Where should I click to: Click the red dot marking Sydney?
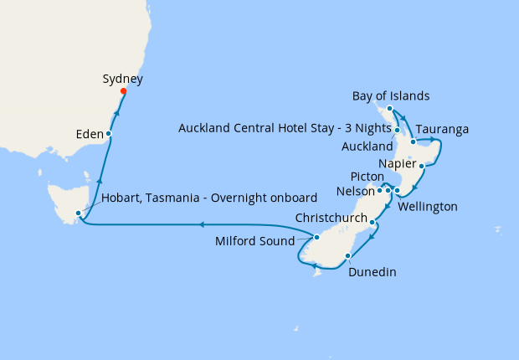pyautogui.click(x=123, y=91)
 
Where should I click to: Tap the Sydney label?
pyautogui.click(x=122, y=80)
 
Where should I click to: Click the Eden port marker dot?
pyautogui.click(x=109, y=134)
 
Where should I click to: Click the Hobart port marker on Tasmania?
pyautogui.click(x=78, y=213)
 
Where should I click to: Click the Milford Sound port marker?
pyautogui.click(x=316, y=237)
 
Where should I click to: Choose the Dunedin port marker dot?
pyautogui.click(x=347, y=255)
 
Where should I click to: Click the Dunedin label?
pyautogui.click(x=373, y=271)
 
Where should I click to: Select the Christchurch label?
pyautogui.click(x=331, y=218)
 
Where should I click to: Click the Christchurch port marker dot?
pyautogui.click(x=373, y=223)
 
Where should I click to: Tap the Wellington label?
pyautogui.click(x=427, y=205)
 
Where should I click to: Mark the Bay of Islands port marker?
pyautogui.click(x=390, y=108)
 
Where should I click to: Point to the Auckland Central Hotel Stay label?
pyautogui.click(x=285, y=128)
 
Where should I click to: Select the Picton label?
pyautogui.click(x=366, y=176)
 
